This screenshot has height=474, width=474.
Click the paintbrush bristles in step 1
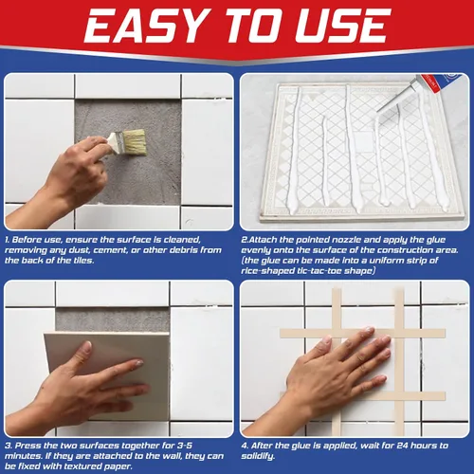[x=135, y=142]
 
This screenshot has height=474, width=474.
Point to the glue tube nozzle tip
[x=378, y=111]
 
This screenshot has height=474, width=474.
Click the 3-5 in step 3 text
[x=185, y=446]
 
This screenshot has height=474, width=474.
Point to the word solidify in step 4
[x=258, y=456]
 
